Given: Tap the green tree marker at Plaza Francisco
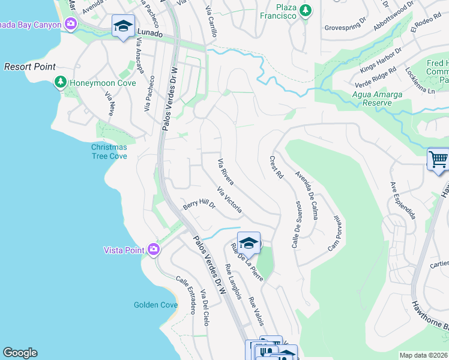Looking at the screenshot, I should coord(306,10).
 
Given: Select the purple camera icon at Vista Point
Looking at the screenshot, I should coord(154,249).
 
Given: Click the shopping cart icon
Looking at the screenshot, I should coord(438,160).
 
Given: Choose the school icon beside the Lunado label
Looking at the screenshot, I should coord(123,26).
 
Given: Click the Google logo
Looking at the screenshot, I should coord(20,353).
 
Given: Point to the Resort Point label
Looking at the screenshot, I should coord(30,67).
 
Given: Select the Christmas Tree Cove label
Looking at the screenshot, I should coord(109,151).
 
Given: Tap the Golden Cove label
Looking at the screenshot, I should coord(155,305).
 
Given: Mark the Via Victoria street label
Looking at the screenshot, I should coord(229,201).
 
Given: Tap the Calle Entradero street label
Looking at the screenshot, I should coord(185,295).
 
